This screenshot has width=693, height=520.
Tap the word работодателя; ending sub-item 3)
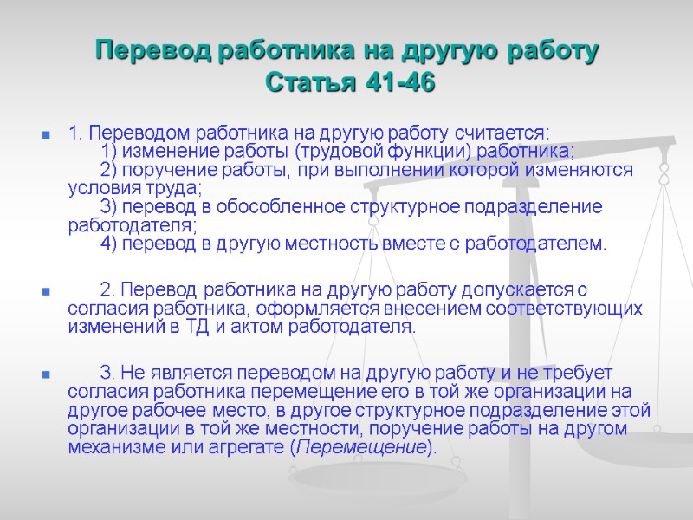click(132, 225)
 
